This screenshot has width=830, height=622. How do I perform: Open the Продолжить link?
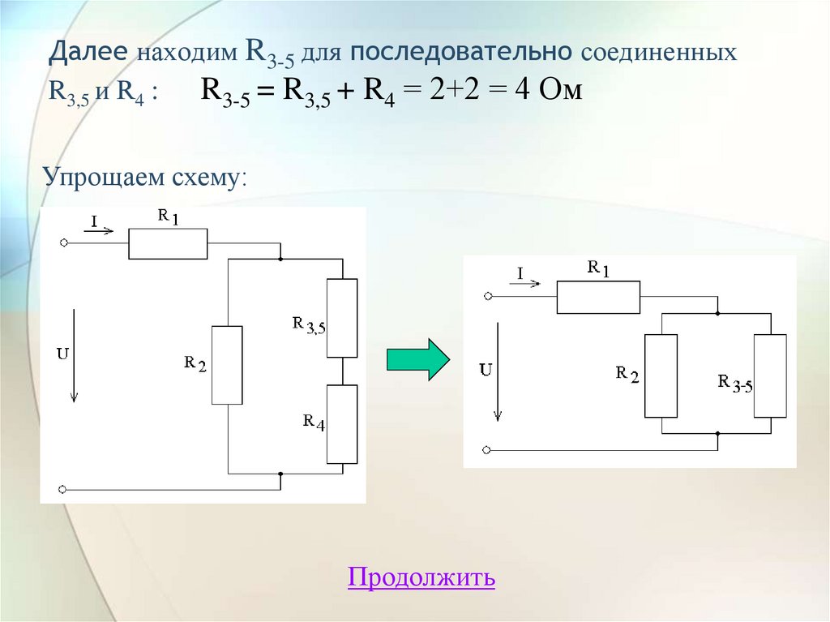point(421,577)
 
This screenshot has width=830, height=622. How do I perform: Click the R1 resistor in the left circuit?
point(168,243)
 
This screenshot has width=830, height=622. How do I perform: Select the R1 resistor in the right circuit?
point(598,297)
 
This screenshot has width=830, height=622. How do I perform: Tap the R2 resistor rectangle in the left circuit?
point(227,365)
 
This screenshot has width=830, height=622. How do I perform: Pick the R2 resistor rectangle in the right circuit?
point(661,375)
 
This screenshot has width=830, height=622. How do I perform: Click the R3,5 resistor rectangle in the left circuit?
point(341,318)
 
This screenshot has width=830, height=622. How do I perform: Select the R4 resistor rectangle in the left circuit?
point(341,424)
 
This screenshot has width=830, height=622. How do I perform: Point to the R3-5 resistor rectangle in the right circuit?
point(770,375)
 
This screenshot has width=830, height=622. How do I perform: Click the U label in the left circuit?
point(62,354)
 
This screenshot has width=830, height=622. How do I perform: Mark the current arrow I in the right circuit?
point(528,284)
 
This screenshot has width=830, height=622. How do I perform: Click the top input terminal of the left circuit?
point(62,242)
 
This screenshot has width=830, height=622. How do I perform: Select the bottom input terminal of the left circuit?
point(62,489)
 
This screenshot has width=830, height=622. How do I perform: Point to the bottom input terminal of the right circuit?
point(486,449)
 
